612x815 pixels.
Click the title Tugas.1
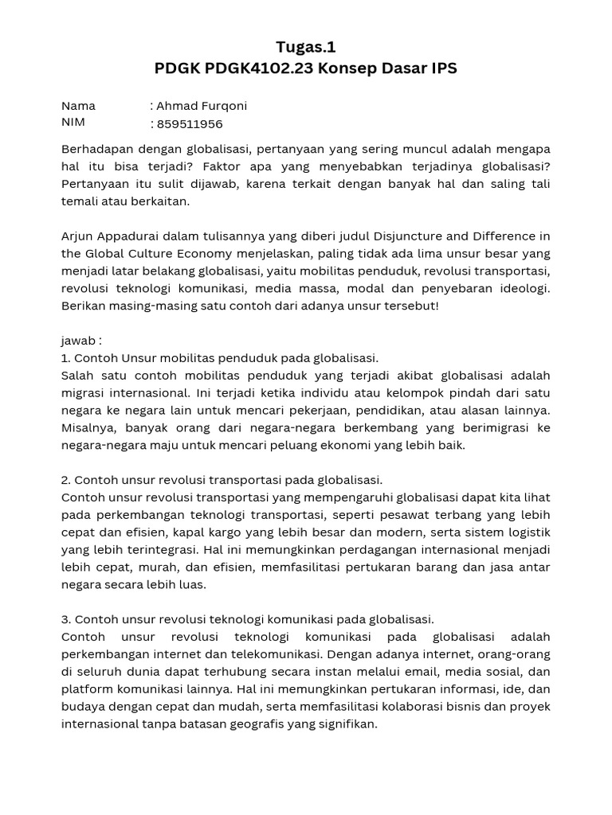(306, 47)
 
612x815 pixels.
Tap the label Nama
(78, 106)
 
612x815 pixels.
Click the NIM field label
(73, 123)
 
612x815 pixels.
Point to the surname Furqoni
(224, 106)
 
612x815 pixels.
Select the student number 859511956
(190, 123)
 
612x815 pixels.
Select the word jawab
(78, 341)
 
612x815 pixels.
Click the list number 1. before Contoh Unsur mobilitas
(66, 358)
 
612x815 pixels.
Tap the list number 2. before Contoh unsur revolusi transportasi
(67, 480)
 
